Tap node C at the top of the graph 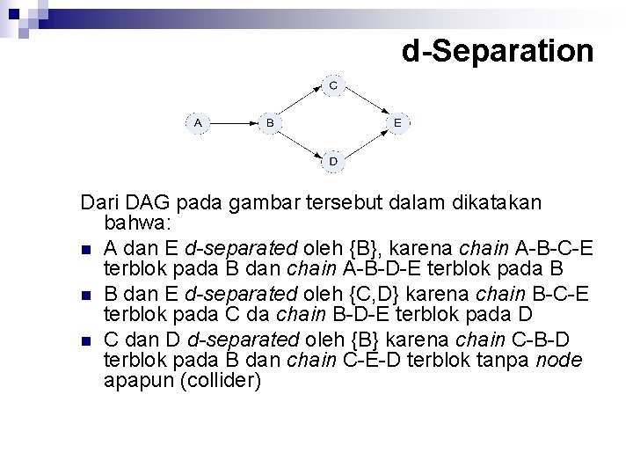click(x=333, y=85)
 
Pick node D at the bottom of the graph click(x=333, y=162)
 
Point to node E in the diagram click(x=397, y=122)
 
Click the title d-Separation click(x=498, y=51)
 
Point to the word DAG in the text click(x=140, y=202)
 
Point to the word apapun click(x=135, y=380)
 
